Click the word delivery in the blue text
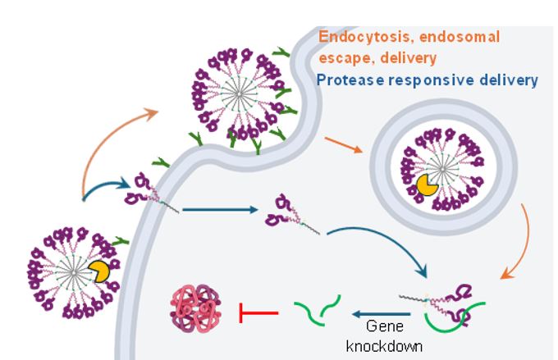(x=510, y=80)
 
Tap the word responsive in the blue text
(x=430, y=80)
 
